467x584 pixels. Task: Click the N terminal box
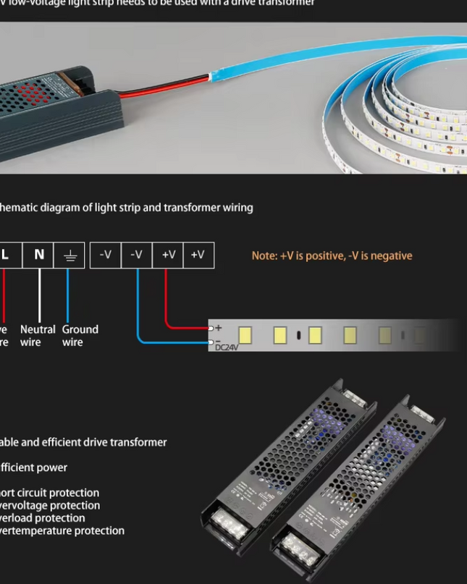coord(39,255)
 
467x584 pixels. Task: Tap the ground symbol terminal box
coord(70,255)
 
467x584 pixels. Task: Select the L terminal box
coord(7,255)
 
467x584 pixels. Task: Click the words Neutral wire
coord(38,336)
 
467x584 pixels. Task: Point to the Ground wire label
coord(80,336)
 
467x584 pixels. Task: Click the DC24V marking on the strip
coord(227,348)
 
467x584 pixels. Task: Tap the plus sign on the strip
coord(219,329)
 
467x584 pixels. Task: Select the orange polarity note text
coord(332,255)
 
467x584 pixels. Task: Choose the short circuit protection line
coord(49,493)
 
